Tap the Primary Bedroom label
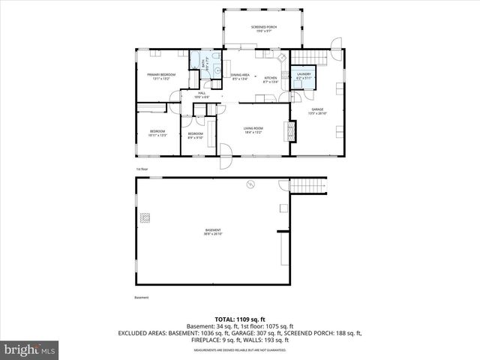161,76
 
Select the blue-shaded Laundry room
304,76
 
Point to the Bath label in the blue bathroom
204,66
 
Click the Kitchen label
271,78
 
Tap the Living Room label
253,129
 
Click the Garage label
318,110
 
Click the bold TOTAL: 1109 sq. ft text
240,319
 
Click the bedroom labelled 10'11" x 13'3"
157,133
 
